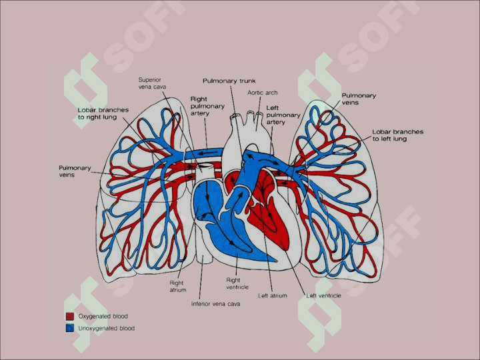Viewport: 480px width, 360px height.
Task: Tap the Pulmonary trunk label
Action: click(x=229, y=81)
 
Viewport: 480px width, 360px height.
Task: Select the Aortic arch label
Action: click(x=263, y=93)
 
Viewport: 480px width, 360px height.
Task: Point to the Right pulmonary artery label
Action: click(x=207, y=106)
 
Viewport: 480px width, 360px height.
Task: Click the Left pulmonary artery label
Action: click(x=283, y=115)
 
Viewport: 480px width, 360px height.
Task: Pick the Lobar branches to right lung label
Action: click(x=103, y=113)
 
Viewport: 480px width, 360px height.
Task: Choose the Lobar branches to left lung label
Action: click(x=397, y=135)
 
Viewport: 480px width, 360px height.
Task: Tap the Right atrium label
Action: click(x=177, y=286)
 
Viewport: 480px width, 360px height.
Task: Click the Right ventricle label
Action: click(x=237, y=284)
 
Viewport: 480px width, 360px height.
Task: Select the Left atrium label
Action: click(x=273, y=296)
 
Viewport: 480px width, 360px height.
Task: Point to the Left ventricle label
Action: click(x=323, y=296)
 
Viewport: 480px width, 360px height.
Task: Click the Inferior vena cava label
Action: click(x=215, y=304)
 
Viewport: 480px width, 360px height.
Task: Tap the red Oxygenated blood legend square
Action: click(x=70, y=316)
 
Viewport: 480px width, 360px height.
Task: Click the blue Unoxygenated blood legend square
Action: click(x=70, y=328)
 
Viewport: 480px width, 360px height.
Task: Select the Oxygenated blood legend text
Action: click(x=103, y=316)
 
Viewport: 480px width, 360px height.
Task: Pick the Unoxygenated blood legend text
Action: click(x=106, y=328)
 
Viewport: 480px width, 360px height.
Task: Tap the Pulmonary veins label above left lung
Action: click(x=359, y=99)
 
